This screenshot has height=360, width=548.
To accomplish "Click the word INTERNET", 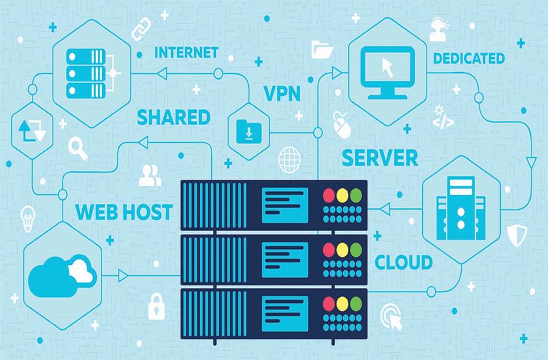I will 186,52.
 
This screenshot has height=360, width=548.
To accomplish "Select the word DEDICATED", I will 469,58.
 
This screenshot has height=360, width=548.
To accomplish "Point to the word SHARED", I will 173,117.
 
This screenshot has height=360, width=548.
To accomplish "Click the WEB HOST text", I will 124,212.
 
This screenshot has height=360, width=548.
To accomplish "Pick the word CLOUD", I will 404,263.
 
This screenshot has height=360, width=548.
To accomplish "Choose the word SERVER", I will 380,158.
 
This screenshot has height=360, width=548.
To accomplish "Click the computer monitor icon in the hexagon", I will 387,72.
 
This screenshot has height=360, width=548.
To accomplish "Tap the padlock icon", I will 156,307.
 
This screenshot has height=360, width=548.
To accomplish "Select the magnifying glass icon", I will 78,148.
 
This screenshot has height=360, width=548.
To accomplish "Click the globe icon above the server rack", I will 289,159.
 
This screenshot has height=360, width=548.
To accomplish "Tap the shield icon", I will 517,234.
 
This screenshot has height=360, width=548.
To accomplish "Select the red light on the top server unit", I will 329,195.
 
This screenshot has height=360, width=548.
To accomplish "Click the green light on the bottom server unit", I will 356,304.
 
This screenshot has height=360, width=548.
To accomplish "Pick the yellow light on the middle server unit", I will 342,250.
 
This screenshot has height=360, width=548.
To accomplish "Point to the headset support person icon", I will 438,29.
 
